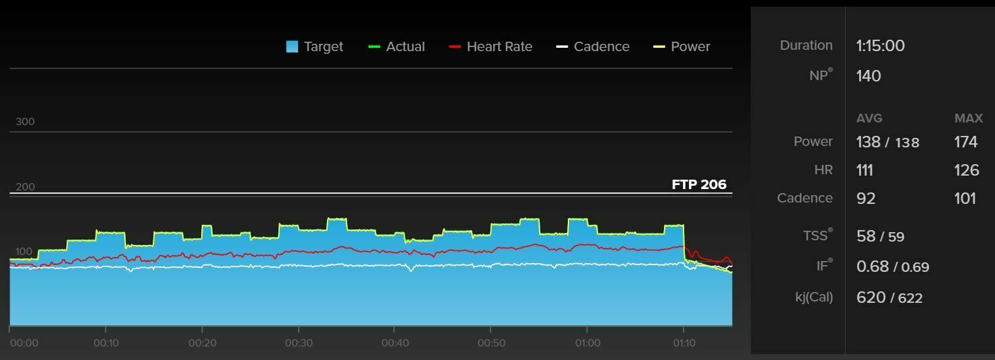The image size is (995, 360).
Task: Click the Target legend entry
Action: (315, 46)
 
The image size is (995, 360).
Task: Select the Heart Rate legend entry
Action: (490, 46)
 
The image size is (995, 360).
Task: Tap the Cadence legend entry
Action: (593, 46)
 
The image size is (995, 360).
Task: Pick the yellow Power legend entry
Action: (682, 46)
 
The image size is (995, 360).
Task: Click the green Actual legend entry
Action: (397, 46)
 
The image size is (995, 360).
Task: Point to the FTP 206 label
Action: (699, 184)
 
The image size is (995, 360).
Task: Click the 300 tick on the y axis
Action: (25, 122)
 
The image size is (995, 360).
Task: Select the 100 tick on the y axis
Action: (24, 252)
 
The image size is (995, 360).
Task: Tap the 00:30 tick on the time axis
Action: (299, 343)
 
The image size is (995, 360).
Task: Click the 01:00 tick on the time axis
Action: (587, 343)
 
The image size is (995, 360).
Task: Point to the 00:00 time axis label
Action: (24, 343)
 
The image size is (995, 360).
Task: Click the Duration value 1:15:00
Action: (880, 46)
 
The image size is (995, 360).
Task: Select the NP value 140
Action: (869, 76)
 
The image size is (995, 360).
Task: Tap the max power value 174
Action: (965, 142)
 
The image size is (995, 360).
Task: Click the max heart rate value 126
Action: (966, 170)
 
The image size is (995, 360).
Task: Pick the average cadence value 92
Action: (866, 199)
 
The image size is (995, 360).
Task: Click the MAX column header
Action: (968, 118)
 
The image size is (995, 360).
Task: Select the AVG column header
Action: (869, 118)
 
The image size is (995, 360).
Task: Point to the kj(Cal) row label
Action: (813, 297)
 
